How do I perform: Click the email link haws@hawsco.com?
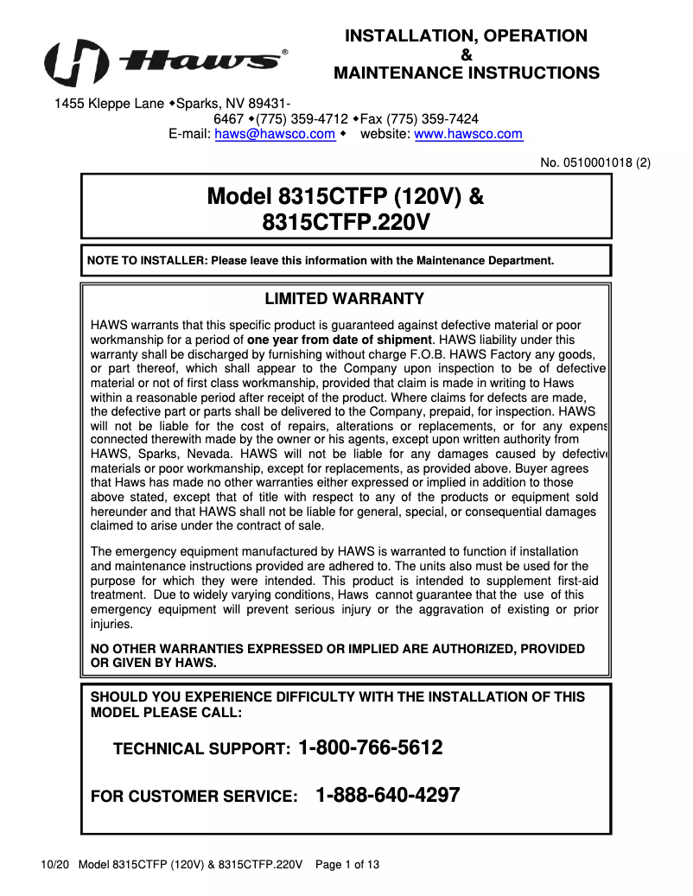[275, 134]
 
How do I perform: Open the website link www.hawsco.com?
[468, 134]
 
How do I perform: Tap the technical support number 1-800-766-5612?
[370, 747]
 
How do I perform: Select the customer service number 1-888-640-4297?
[388, 795]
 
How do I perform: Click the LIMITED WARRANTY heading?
[344, 299]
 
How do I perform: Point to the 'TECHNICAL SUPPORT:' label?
[201, 749]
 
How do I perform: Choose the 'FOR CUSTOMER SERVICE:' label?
[194, 797]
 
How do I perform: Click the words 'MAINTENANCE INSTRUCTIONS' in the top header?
[467, 73]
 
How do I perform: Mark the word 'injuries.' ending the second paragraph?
[112, 623]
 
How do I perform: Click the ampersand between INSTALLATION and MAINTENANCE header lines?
[467, 54]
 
